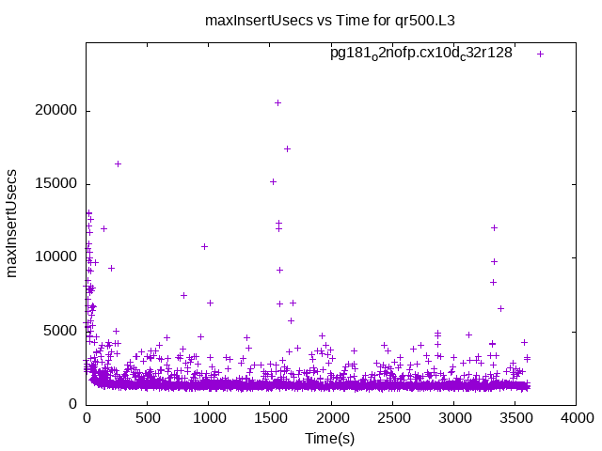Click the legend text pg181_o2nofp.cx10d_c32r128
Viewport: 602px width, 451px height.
pos(420,54)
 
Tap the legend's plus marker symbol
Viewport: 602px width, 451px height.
pos(541,54)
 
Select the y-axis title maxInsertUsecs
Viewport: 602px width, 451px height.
pos(13,223)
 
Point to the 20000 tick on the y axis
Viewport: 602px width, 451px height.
pos(58,110)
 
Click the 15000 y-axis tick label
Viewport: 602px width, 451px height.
pos(58,183)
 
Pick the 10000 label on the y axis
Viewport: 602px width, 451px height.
pos(58,257)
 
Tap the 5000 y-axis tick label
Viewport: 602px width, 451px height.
pos(62,330)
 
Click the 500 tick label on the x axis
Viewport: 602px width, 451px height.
pos(148,417)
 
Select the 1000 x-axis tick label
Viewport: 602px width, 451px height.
pos(209,417)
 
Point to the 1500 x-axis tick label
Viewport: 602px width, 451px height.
pos(270,417)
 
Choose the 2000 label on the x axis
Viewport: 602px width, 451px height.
pos(331,417)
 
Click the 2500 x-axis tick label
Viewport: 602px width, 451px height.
pos(392,417)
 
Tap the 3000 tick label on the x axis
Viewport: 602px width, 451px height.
pos(453,417)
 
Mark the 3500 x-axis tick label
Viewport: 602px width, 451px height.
pos(515,417)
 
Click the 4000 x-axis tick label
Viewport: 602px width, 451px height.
pos(576,417)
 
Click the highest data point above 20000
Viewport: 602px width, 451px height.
pos(277,102)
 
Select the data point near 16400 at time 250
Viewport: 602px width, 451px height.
pos(118,163)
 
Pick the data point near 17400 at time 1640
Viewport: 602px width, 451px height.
pos(287,148)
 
